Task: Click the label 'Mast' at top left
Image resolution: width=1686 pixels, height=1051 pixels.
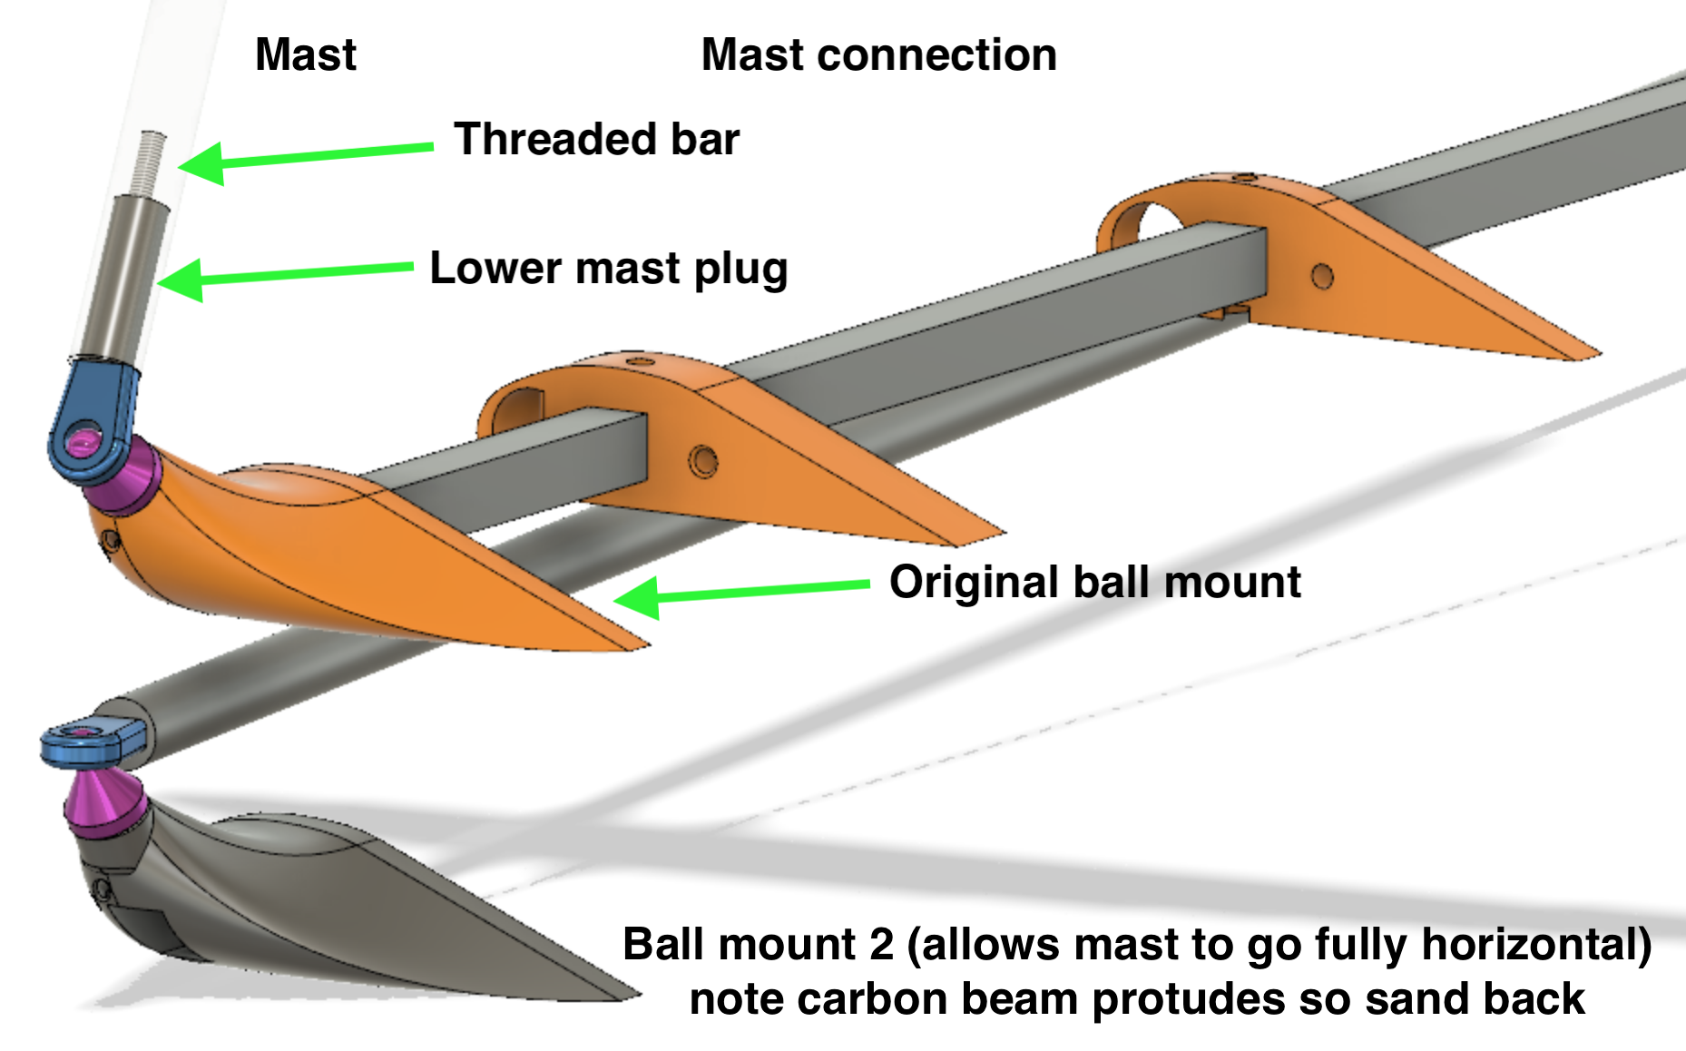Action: point(306,54)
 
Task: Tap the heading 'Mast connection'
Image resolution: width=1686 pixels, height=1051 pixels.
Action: point(878,54)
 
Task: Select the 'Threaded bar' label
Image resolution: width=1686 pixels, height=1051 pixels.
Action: point(596,139)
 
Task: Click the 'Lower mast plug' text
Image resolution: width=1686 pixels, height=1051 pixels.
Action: point(608,269)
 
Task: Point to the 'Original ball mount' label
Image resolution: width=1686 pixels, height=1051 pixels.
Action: point(1094,582)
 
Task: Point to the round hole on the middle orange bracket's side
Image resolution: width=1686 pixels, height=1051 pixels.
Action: point(702,460)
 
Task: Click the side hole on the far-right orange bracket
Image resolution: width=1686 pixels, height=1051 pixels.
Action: point(1322,276)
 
